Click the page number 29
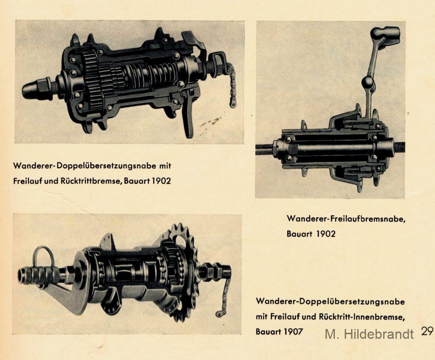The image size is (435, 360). point(427,331)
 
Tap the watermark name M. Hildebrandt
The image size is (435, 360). point(369,334)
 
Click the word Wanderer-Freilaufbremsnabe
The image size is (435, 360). point(346,219)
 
